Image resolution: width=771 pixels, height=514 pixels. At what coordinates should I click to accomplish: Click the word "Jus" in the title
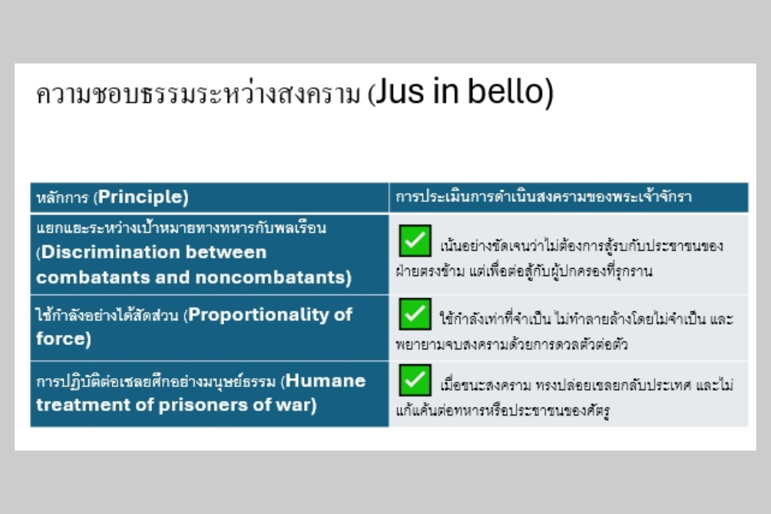(399, 92)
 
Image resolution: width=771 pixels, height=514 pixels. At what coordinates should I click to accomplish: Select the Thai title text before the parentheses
(198, 93)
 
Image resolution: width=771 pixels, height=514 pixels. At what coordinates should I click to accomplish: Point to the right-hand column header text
(543, 197)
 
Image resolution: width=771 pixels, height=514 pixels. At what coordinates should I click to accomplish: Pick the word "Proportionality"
(258, 315)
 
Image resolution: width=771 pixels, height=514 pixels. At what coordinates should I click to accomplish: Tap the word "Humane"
(325, 380)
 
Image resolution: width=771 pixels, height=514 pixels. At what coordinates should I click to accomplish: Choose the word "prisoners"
(207, 405)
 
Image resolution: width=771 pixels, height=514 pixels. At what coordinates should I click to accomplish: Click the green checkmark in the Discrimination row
(415, 241)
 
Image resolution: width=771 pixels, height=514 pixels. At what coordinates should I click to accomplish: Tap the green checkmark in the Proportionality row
(415, 314)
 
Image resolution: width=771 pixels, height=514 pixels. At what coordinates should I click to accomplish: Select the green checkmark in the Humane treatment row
(415, 380)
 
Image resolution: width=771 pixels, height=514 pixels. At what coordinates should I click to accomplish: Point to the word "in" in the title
(444, 92)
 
